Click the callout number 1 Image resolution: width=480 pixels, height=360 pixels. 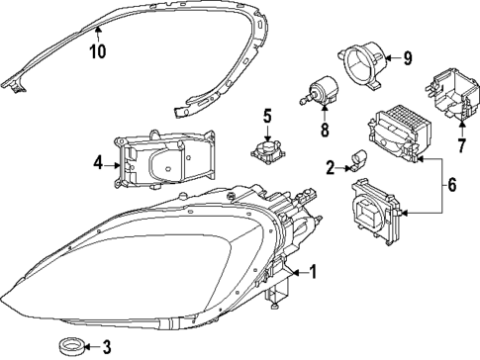coord(313,271)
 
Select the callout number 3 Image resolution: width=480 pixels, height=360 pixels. coord(107,345)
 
